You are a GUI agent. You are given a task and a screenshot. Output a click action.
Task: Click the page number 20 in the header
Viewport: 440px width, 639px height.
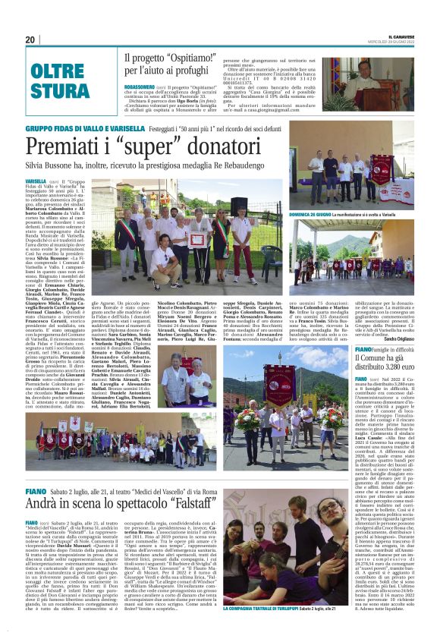pyautogui.click(x=31, y=39)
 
